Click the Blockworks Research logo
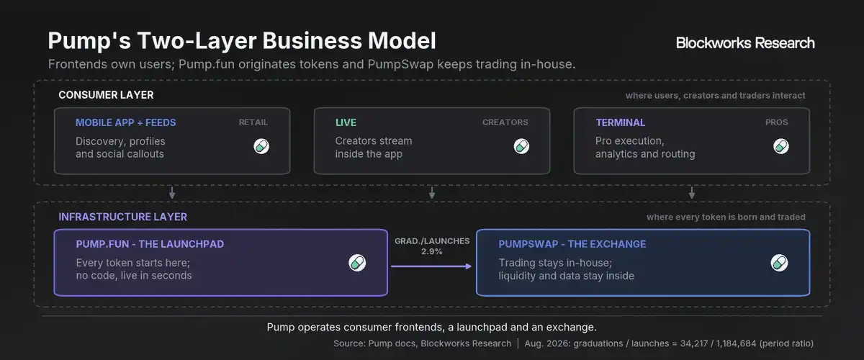[x=744, y=42]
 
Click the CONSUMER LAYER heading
[x=106, y=95]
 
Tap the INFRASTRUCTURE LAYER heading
[x=122, y=217]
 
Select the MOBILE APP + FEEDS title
[x=126, y=122]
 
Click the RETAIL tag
[x=253, y=122]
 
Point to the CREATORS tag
[x=505, y=122]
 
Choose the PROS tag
[x=776, y=122]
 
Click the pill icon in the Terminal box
[x=781, y=146]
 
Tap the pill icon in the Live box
[x=521, y=146]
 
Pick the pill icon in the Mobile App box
[x=261, y=146]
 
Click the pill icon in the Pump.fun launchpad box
[x=357, y=263]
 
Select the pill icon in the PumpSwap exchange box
[x=779, y=263]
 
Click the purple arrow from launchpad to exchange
[x=431, y=266]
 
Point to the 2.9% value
[x=431, y=251]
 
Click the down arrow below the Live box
[x=432, y=193]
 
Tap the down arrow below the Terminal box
[x=692, y=193]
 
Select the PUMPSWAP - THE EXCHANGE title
[x=572, y=244]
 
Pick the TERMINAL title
[x=620, y=122]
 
